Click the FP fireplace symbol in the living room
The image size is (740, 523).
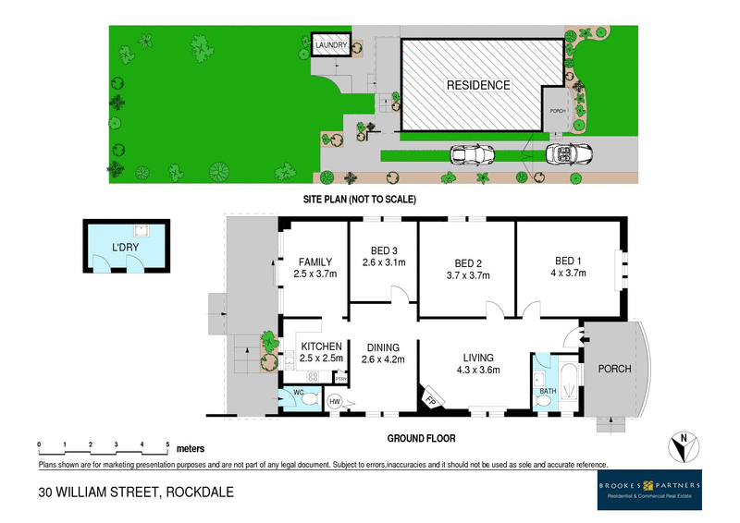[430, 400]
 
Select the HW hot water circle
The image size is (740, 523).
[335, 401]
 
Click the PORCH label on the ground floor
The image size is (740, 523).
[615, 369]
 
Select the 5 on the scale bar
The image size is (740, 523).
[167, 444]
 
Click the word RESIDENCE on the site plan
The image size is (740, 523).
[478, 85]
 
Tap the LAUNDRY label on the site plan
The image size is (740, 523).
[330, 45]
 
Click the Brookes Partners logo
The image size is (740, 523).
[647, 489]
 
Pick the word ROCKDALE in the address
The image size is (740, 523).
[197, 492]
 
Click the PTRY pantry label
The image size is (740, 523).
[339, 378]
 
